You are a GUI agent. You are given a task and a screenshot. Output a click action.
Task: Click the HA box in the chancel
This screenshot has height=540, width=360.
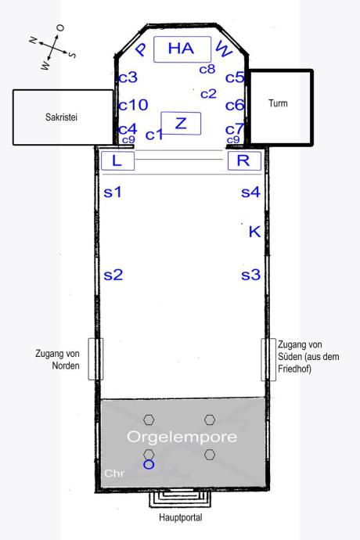click(x=182, y=49)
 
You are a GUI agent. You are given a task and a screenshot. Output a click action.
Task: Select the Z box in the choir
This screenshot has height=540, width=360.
click(x=181, y=124)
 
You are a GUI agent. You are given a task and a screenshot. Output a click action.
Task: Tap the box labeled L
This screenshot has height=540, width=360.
click(x=117, y=160)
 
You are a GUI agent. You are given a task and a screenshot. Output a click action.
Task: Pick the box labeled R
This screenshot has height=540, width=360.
click(x=244, y=160)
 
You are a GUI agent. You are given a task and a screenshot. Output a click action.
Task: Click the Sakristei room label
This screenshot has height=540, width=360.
click(x=61, y=117)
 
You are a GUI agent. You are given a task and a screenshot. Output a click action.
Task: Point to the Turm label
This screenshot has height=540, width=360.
click(x=278, y=103)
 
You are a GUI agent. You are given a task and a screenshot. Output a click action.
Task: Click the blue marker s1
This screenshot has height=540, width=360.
click(x=113, y=193)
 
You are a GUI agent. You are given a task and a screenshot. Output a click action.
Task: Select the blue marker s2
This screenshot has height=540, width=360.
click(x=113, y=275)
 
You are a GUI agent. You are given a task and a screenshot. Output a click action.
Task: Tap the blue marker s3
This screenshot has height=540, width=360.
click(x=250, y=275)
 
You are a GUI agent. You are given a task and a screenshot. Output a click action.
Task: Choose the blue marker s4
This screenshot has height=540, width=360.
click(x=250, y=193)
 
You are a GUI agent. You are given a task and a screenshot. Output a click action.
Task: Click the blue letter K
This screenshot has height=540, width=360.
click(x=254, y=232)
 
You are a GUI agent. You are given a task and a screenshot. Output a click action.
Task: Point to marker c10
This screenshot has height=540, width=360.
click(x=133, y=105)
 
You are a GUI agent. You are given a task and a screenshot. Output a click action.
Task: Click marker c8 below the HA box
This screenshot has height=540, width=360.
click(x=207, y=69)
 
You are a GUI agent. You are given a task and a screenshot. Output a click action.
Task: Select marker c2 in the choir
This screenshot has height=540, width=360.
click(x=208, y=94)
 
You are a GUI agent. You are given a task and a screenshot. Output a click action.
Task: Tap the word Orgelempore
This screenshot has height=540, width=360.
click(x=182, y=437)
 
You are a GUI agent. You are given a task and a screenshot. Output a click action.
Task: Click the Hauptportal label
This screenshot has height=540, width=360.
click(x=181, y=517)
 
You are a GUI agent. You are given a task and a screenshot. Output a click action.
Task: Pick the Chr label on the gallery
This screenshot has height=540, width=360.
click(x=114, y=473)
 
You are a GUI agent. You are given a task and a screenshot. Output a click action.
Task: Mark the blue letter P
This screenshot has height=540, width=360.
click(x=141, y=49)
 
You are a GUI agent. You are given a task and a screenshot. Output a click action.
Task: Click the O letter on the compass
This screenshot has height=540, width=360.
click(x=60, y=28)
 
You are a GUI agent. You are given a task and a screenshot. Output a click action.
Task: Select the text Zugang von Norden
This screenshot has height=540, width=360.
click(x=58, y=359)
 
